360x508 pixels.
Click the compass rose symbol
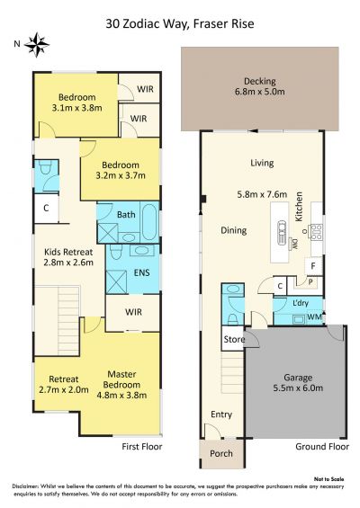click(37, 45)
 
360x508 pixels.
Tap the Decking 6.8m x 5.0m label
click(260, 86)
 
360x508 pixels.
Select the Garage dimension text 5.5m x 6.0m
click(298, 388)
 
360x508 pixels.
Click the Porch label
click(221, 453)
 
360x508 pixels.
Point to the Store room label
click(234, 339)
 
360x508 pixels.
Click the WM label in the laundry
click(314, 316)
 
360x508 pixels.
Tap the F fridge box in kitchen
click(313, 266)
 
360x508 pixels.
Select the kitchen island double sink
click(282, 229)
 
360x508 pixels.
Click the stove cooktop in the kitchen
click(316, 232)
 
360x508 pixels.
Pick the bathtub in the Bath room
click(149, 221)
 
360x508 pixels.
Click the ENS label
click(142, 272)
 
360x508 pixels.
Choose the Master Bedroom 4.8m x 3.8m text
click(121, 385)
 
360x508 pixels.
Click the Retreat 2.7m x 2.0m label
click(64, 384)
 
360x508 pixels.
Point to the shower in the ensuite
click(116, 281)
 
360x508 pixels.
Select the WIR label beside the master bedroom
click(133, 312)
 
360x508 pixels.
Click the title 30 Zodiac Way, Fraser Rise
click(180, 24)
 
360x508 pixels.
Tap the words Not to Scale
click(328, 479)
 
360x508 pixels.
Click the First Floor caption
click(142, 447)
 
